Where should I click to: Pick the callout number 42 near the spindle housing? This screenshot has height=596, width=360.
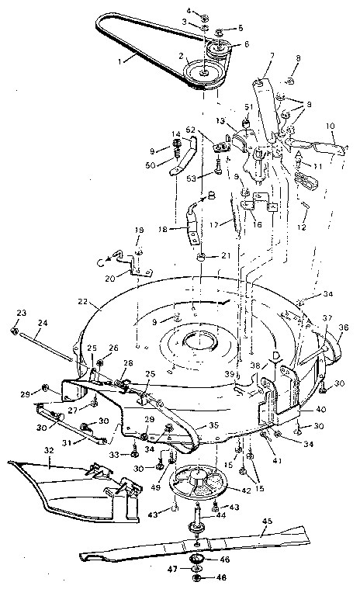coord(225,491)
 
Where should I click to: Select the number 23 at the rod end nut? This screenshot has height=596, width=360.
coord(19,313)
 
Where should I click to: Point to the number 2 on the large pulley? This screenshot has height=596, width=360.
coord(181,55)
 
